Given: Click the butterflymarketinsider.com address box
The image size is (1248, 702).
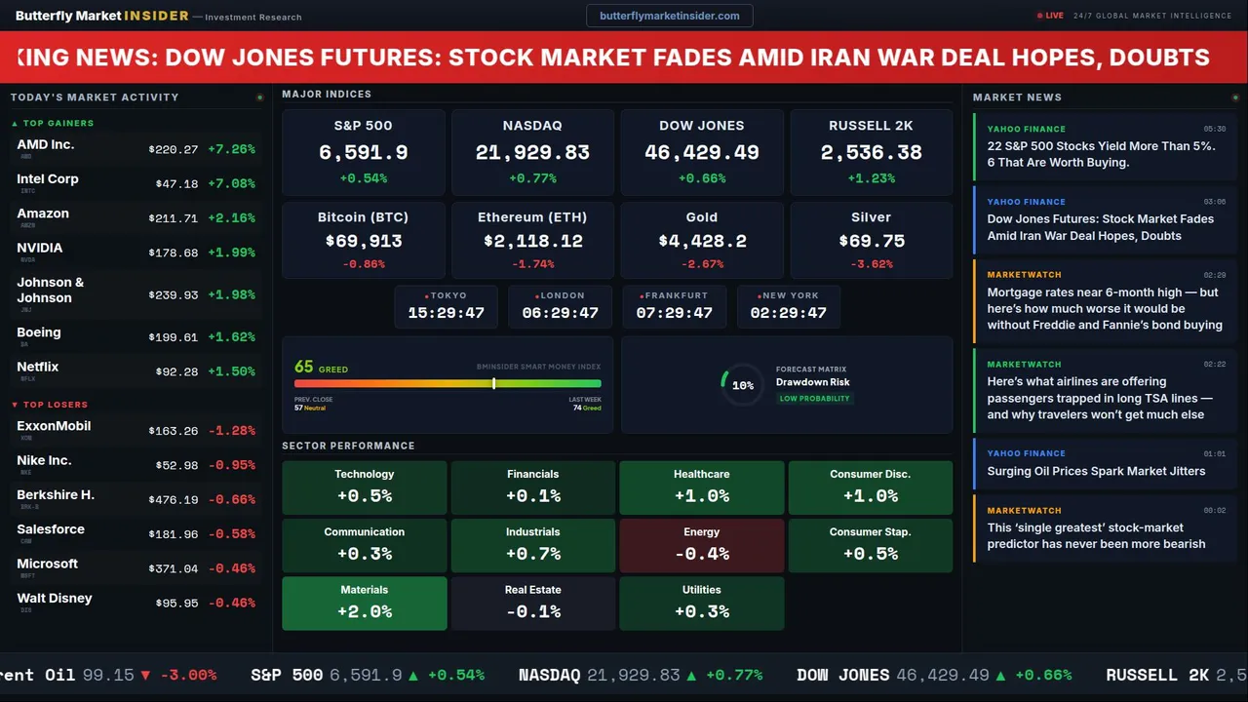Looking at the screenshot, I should click(x=670, y=16).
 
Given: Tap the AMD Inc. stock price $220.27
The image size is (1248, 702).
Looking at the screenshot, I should click(x=174, y=149).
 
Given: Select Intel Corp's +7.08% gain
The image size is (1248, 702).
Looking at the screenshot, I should click(x=232, y=183).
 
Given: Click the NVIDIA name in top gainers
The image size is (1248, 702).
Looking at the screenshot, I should click(x=40, y=249).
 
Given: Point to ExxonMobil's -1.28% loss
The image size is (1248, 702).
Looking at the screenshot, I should click(x=232, y=431).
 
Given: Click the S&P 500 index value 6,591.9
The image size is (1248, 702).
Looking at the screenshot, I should click(x=363, y=153).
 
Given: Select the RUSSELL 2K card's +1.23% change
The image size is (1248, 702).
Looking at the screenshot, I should click(x=871, y=178).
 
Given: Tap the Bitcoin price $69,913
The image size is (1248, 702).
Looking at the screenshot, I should click(x=363, y=241).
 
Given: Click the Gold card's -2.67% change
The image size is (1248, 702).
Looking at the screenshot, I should click(x=701, y=264).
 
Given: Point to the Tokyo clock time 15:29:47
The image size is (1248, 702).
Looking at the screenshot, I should click(x=446, y=313).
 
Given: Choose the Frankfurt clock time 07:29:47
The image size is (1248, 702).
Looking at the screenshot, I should click(x=674, y=313).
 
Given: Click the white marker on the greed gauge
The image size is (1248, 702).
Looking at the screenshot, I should click(x=494, y=383).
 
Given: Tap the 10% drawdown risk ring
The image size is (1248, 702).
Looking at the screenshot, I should click(x=742, y=385).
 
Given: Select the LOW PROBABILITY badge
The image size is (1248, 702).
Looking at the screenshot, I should click(x=814, y=399).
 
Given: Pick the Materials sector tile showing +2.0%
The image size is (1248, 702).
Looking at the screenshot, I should click(x=364, y=603).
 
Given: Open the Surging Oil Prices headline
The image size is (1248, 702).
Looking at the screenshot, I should click(x=1096, y=471).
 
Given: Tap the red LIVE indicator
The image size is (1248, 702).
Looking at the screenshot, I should click(x=1051, y=16).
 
